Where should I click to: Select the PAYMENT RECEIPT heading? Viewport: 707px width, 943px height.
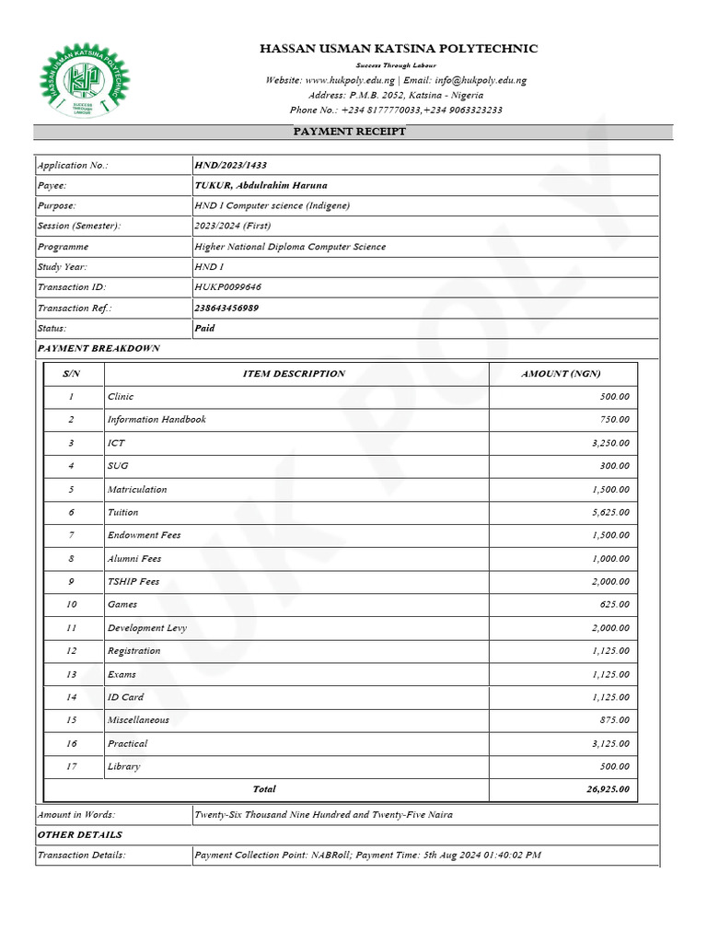click(349, 132)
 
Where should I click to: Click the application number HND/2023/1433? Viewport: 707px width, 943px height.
click(230, 165)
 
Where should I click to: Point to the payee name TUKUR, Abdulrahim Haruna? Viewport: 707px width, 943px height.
click(261, 185)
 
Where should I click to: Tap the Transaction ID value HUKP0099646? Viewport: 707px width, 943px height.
click(227, 287)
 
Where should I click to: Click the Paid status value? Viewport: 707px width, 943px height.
click(204, 328)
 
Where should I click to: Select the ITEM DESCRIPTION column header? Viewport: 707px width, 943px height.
click(294, 373)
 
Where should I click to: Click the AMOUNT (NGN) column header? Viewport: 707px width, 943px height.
click(561, 373)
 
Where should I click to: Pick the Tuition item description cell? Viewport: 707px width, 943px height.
click(122, 512)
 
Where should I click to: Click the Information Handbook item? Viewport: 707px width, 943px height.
click(156, 419)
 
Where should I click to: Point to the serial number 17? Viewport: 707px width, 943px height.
click(71, 766)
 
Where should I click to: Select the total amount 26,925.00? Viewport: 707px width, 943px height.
click(607, 789)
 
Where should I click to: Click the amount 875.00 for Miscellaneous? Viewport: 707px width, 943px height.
click(615, 720)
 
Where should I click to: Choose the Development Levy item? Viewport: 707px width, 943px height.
click(147, 628)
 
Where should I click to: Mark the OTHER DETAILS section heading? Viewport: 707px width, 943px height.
click(79, 834)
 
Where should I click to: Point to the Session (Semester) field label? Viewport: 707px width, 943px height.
click(79, 226)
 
